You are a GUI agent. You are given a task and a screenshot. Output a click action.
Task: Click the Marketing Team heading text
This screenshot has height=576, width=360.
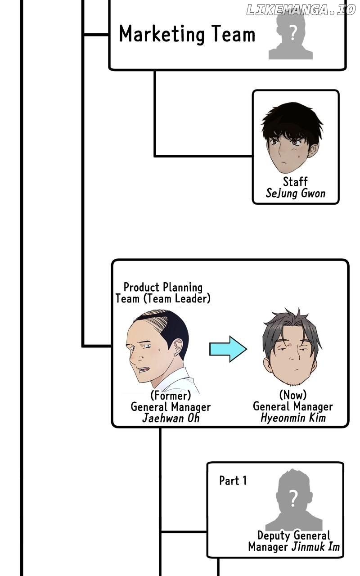[x=187, y=34]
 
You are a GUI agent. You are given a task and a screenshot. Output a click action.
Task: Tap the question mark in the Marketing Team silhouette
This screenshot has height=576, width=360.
[x=292, y=32]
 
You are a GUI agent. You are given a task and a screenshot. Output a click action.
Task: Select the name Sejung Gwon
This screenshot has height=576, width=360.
[x=296, y=193]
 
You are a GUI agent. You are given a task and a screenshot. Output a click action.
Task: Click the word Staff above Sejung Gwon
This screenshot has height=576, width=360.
[x=295, y=181]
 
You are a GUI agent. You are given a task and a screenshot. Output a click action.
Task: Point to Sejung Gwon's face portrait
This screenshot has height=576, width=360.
[x=292, y=138]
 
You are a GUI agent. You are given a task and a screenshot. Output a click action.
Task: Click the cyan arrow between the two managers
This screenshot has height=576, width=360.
[x=228, y=349]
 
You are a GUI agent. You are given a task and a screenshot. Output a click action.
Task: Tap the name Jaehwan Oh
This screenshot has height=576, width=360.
[x=171, y=418]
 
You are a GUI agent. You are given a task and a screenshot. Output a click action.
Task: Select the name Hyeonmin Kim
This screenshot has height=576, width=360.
[x=293, y=417]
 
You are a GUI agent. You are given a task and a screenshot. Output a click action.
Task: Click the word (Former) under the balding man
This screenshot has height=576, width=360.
[x=171, y=395]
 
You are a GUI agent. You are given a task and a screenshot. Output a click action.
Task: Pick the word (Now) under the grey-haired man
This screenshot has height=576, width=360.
[x=293, y=395]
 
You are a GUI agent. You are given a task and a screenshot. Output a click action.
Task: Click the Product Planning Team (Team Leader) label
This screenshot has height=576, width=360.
[x=163, y=293]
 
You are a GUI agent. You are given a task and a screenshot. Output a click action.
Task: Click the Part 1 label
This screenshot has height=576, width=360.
[x=233, y=480]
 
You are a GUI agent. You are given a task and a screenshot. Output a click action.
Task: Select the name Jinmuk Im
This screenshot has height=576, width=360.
[x=315, y=547]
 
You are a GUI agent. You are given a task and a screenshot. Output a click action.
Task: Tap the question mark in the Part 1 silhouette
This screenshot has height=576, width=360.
[x=293, y=498]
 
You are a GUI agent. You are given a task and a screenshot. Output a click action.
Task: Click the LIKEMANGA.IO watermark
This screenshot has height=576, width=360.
[x=301, y=10]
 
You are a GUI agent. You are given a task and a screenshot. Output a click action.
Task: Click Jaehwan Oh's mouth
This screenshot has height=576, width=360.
[x=143, y=370]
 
